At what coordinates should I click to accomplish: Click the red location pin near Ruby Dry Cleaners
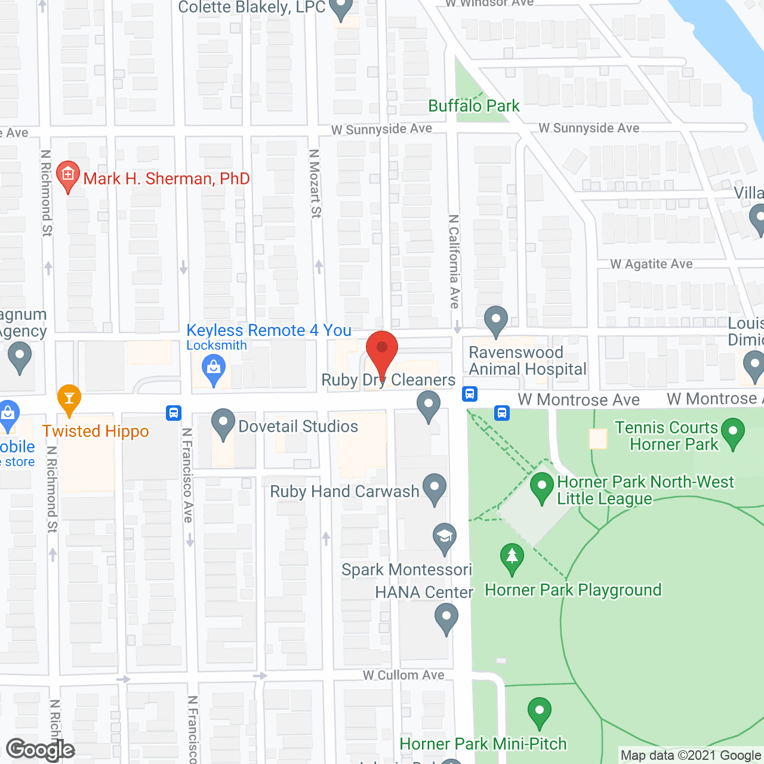coord(381,351)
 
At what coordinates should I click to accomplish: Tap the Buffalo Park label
coord(474,106)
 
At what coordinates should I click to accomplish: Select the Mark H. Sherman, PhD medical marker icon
coord(68,175)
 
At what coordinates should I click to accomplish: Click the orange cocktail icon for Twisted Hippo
coord(69,398)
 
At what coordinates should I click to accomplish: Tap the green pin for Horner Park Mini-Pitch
coord(540,711)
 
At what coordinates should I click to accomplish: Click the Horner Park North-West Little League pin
coord(542,486)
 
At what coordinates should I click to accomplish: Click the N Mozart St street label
coord(315,183)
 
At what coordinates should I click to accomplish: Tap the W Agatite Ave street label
coord(651,264)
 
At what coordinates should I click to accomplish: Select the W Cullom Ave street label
coord(403,675)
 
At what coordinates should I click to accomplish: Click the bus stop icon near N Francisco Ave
coord(173,412)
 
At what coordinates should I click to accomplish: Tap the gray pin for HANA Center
coord(446,617)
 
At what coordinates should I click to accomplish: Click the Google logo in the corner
coord(41,750)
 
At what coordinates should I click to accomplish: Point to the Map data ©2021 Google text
coord(691,756)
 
